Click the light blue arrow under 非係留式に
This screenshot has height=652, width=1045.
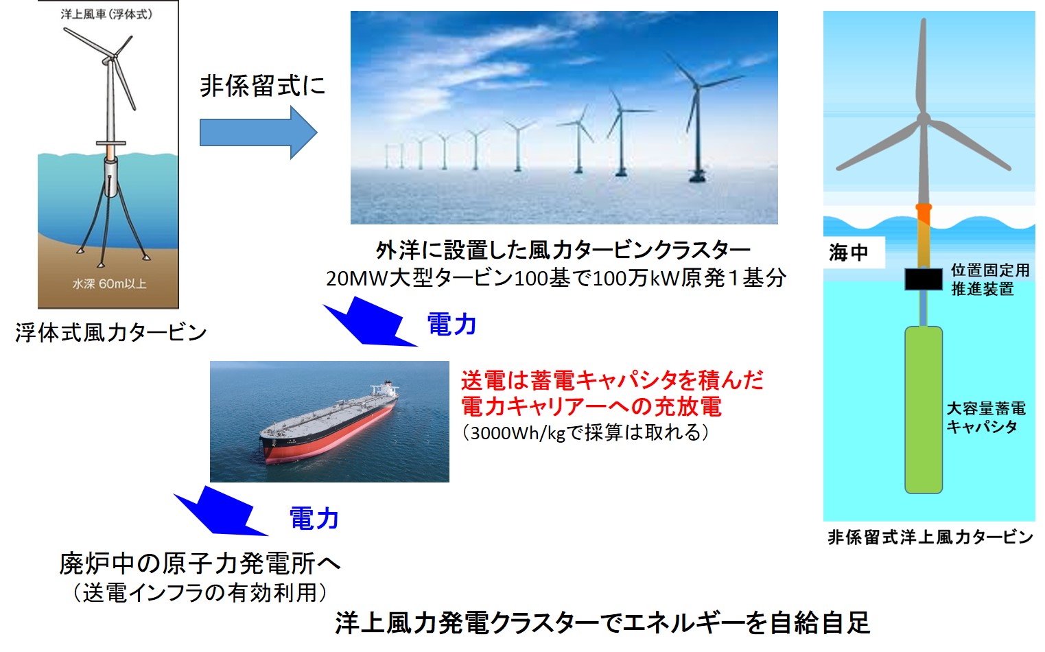259,132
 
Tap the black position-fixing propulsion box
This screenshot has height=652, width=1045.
924,279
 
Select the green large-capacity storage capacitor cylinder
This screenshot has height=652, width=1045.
924,410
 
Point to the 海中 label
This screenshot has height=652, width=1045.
848,253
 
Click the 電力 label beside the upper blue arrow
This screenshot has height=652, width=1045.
451,325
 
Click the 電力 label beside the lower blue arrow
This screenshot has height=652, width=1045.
314,518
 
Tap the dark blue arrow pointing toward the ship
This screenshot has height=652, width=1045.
370,323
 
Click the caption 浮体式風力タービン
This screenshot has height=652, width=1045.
111,333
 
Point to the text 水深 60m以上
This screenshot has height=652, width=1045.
109,283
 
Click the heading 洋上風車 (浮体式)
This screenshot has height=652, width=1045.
106,14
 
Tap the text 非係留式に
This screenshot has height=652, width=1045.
263,86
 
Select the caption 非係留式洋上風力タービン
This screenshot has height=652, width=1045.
930,537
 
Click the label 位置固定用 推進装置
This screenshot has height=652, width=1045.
990,279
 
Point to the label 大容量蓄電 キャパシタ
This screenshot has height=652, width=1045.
986,418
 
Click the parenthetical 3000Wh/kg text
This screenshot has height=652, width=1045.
585,432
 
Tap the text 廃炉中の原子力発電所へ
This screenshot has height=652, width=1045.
200,563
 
